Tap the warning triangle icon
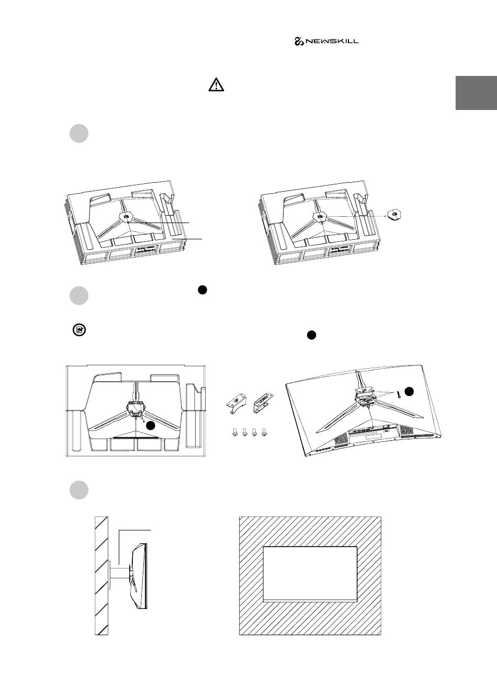pyautogui.click(x=216, y=85)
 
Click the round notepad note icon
pyautogui.click(x=79, y=330)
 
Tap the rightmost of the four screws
pyautogui.click(x=264, y=433)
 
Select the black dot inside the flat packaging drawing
pyautogui.click(x=151, y=426)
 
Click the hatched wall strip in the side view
pyautogui.click(x=101, y=576)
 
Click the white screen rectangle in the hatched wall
pyautogui.click(x=310, y=573)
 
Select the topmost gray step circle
pyautogui.click(x=78, y=133)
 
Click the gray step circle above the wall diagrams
pyautogui.click(x=78, y=490)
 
